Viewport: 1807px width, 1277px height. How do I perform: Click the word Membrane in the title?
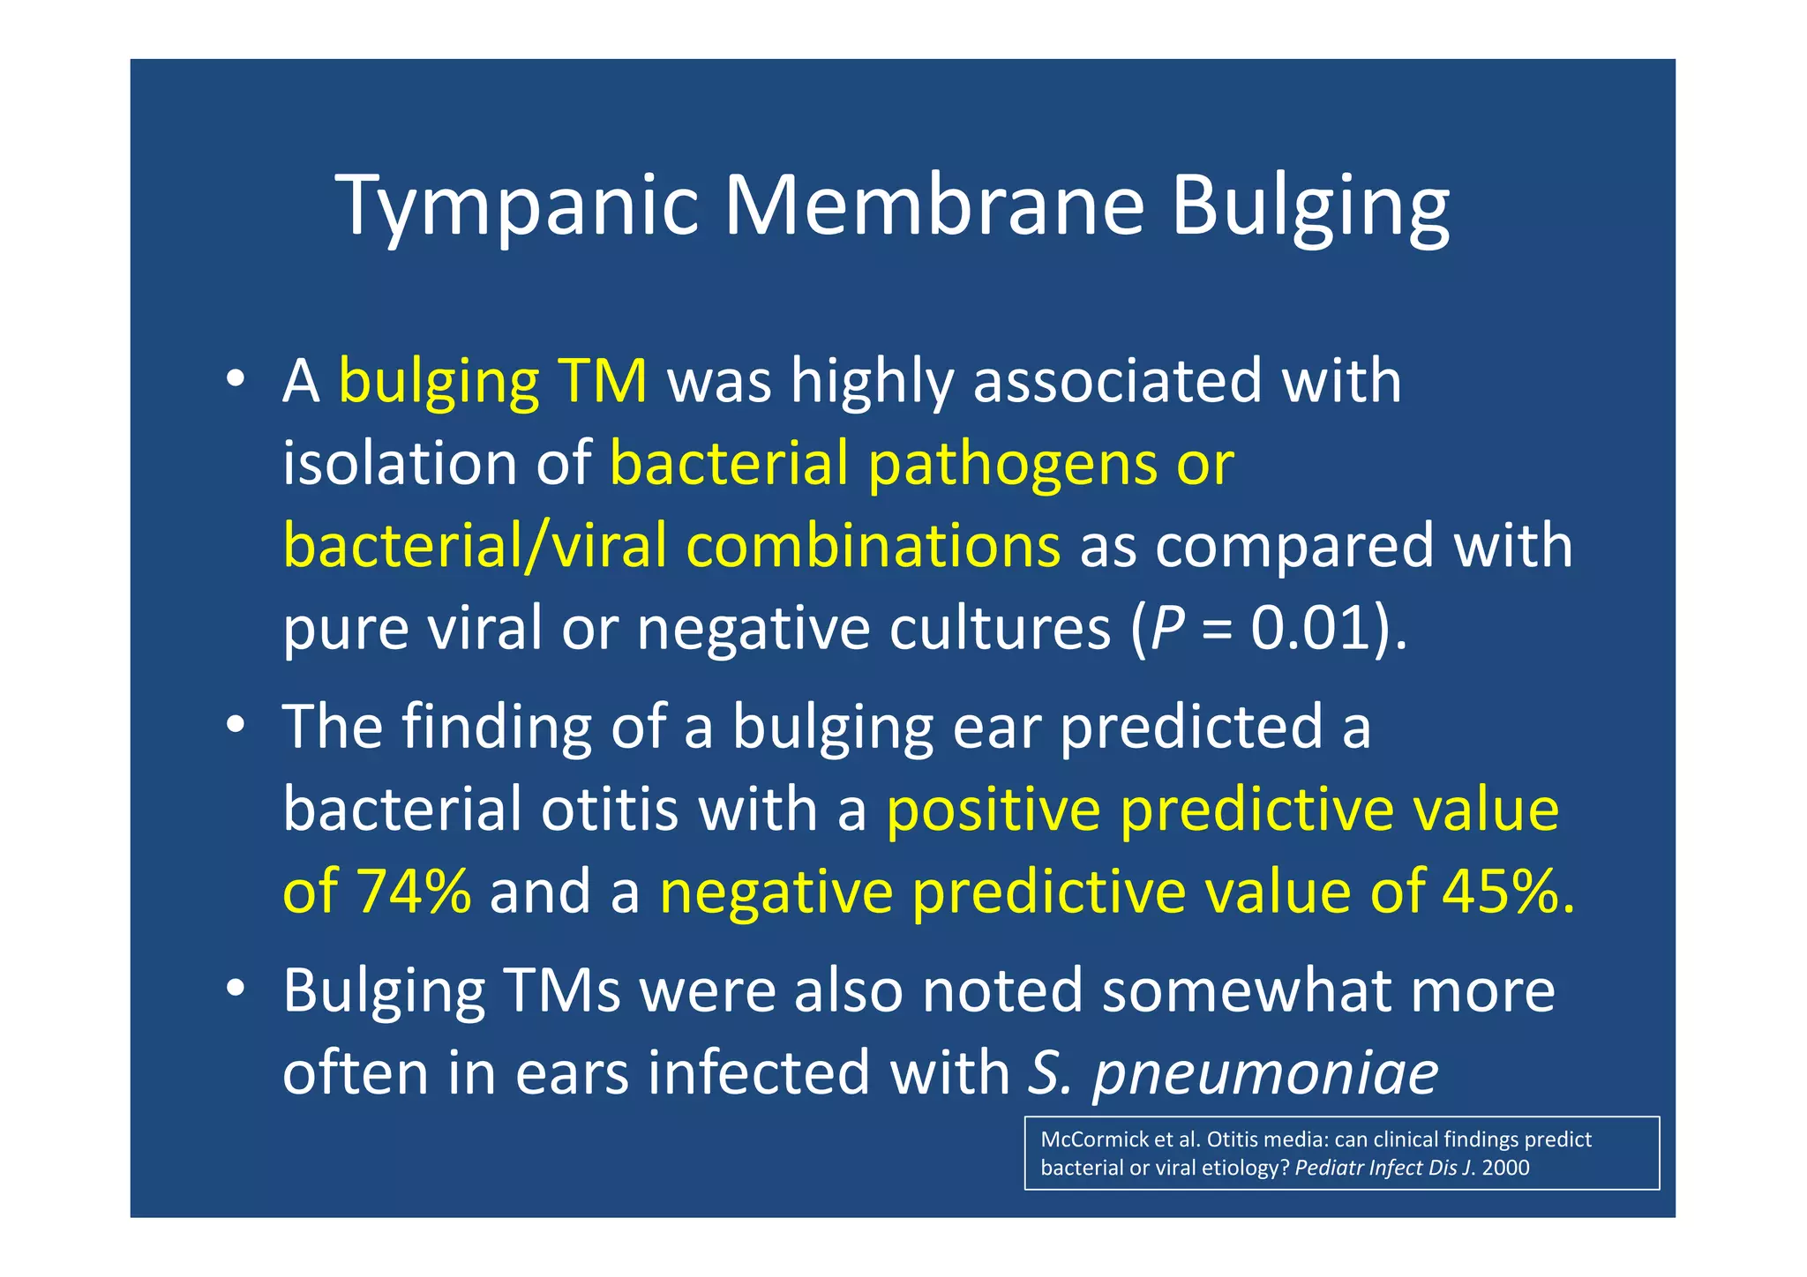[933, 205]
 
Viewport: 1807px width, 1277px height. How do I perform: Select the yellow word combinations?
[873, 545]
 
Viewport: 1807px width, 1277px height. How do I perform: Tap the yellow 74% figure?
[414, 891]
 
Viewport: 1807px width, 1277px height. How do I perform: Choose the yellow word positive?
[993, 810]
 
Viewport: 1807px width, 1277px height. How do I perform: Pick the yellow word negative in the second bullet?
[776, 891]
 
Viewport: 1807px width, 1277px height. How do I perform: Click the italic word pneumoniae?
[1265, 1072]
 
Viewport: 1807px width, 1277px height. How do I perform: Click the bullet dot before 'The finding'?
[234, 725]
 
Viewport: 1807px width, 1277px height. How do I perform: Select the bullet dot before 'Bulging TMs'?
[234, 989]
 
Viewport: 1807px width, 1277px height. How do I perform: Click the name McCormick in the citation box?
[1093, 1139]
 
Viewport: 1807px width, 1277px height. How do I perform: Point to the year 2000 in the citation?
[1505, 1168]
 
